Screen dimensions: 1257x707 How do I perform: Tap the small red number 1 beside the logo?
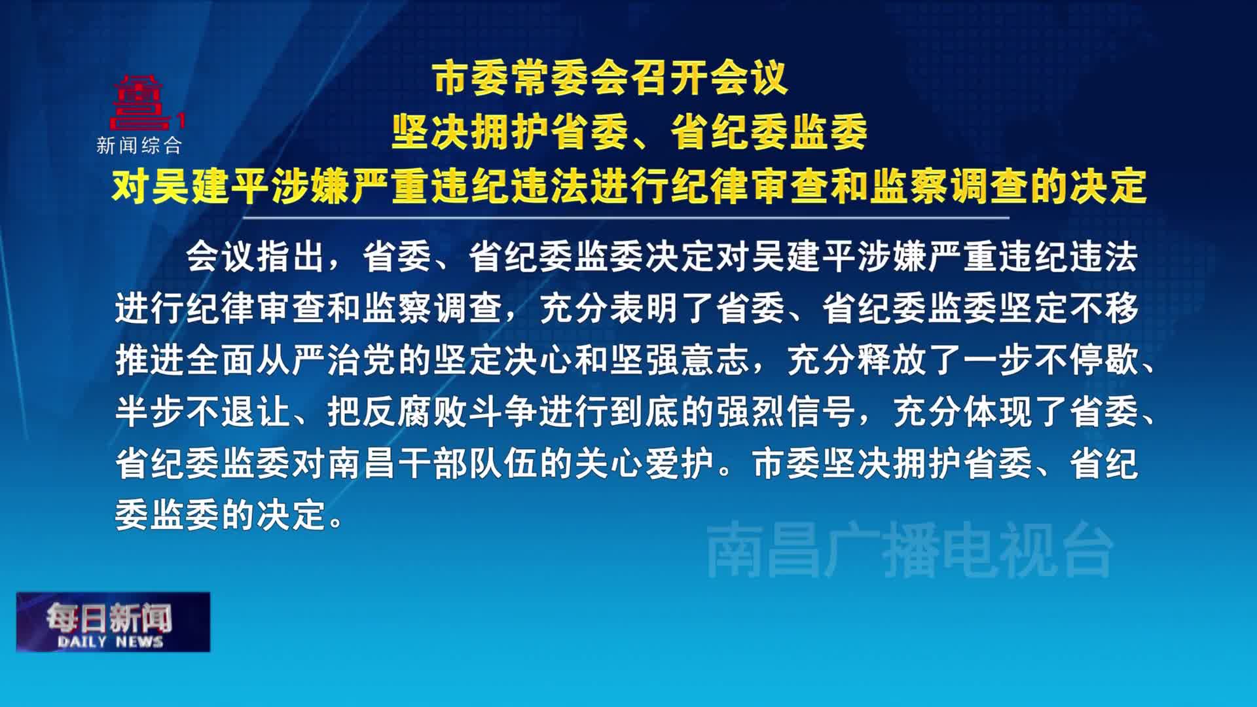181,120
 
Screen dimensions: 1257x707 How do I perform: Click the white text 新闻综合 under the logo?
139,145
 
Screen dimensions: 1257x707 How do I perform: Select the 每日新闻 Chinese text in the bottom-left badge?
109,618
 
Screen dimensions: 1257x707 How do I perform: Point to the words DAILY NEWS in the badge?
110,642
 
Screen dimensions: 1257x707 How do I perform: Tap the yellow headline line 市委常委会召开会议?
611,79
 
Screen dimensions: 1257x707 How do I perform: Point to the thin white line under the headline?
627,217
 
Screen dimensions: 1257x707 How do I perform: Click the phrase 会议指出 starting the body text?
256,256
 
